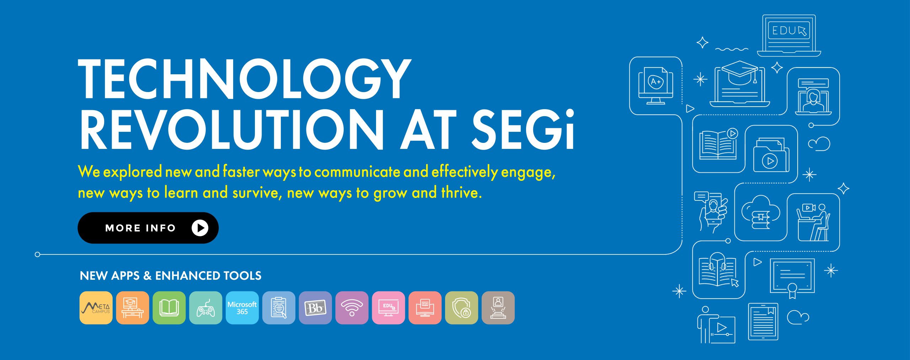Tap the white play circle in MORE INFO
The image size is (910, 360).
point(200,228)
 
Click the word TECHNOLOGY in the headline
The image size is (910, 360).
point(245,79)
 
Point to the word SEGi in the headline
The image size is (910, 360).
point(523,130)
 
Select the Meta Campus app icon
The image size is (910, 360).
point(96,308)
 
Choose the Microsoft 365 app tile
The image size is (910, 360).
point(242,308)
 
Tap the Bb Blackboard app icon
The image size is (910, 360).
point(315,308)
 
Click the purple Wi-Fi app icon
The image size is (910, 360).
point(352,308)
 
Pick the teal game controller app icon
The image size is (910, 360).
point(205,308)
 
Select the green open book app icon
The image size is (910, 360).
point(169,308)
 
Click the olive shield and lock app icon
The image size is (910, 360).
point(461,308)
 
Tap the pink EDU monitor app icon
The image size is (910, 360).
point(389,308)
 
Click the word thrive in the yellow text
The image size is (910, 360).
point(461,193)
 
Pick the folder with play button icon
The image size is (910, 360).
point(771,157)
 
